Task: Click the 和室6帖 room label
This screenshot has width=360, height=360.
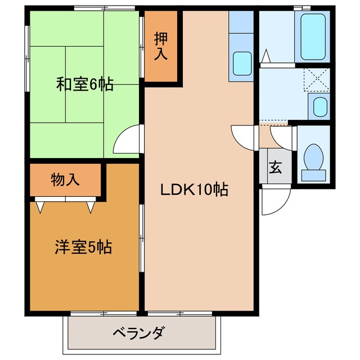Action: click(84, 84)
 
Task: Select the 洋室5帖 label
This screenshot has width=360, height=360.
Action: click(83, 246)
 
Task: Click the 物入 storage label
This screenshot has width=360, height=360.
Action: click(65, 180)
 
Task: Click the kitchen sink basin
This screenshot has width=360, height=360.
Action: click(242, 63)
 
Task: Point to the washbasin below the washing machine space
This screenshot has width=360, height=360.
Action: click(319, 106)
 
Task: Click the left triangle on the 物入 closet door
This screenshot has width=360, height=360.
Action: click(40, 207)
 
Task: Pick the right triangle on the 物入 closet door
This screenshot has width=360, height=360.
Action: click(91, 207)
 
